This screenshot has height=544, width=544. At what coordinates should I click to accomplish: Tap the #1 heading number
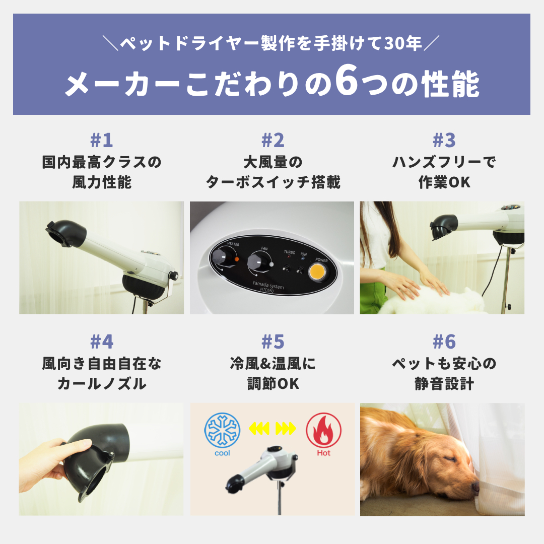coord(102,141)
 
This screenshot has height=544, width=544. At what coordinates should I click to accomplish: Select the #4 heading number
coord(102,342)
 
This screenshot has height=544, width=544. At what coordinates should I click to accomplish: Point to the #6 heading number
coord(444,342)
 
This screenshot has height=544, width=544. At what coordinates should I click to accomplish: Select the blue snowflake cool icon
coord(222,430)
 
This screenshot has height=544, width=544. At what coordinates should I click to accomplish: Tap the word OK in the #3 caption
coord(459,182)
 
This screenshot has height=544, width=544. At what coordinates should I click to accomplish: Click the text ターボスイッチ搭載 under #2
coord(273,182)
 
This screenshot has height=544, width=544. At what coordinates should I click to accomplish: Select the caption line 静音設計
coord(444,384)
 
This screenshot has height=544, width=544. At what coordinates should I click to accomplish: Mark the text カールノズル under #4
coord(102,384)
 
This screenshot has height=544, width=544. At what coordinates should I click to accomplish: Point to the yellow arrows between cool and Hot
coord(273,429)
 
